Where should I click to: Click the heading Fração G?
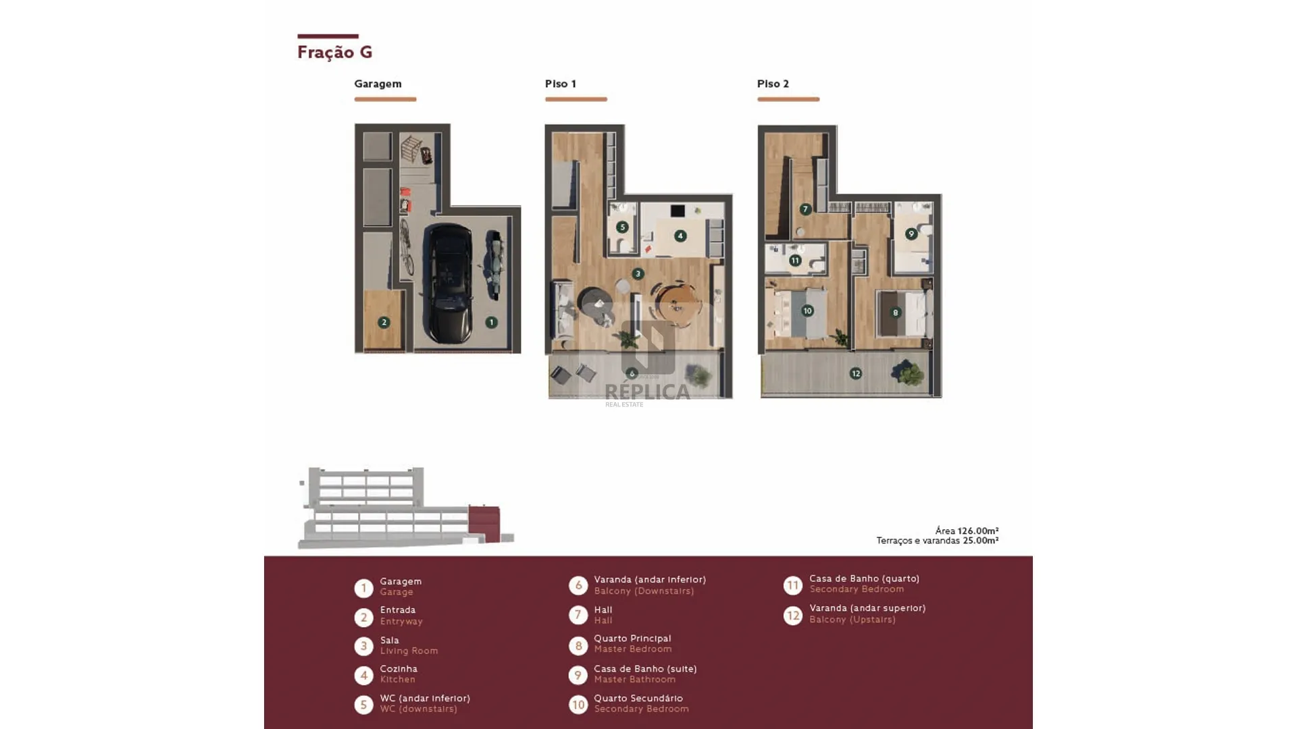coord(335,52)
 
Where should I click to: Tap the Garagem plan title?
coord(378,84)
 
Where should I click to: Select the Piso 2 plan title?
coord(773,84)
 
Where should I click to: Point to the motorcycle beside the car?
coord(494,265)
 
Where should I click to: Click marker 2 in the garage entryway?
coord(384,323)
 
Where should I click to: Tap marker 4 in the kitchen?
coord(680,236)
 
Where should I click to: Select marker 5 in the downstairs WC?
coord(622,227)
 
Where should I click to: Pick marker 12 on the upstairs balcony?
coord(856,373)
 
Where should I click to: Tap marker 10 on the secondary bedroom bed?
coord(807,310)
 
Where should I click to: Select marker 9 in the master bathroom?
coord(911,234)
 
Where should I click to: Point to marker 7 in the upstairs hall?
coord(805,209)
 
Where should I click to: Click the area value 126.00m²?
coord(978,531)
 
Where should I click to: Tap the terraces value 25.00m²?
coord(981,541)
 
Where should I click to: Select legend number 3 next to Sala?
coord(363,646)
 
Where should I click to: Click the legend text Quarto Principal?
coord(632,638)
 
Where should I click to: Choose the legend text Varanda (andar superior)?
coord(867,608)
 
